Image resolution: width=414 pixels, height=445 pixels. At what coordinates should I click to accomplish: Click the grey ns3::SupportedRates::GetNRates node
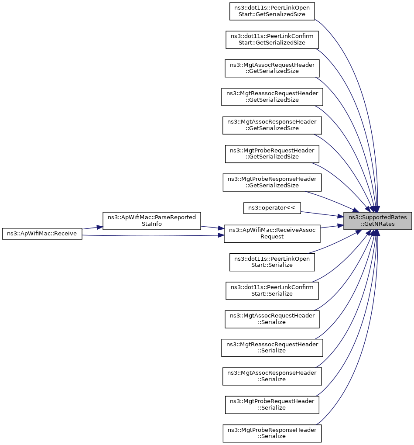tap(377, 221)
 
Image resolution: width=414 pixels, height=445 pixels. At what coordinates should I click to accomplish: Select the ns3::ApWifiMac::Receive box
tap(42, 234)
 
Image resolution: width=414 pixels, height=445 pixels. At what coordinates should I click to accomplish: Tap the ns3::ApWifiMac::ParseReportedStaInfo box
tap(152, 221)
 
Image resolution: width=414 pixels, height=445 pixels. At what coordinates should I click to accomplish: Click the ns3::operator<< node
tap(272, 208)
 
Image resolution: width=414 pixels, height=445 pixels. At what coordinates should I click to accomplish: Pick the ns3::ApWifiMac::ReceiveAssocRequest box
tap(272, 234)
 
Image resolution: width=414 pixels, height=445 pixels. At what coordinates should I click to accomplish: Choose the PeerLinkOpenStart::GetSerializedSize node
tap(272, 11)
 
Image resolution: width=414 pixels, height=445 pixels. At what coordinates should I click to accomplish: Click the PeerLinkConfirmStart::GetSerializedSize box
tap(272, 40)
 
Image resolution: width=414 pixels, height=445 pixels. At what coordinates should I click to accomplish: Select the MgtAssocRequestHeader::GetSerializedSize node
tap(272, 69)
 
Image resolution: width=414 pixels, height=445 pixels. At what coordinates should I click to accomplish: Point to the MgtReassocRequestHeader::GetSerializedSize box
tap(272, 97)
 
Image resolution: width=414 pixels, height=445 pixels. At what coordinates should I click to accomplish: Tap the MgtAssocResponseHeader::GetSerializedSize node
tap(272, 125)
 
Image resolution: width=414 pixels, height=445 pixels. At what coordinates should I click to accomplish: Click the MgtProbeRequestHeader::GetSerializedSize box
tap(272, 154)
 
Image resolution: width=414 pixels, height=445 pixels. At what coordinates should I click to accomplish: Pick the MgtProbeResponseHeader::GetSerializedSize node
tap(272, 183)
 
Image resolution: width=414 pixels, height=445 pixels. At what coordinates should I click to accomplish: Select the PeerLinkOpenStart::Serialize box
tap(272, 262)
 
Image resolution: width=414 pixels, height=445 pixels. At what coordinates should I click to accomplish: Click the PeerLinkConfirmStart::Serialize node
tap(272, 290)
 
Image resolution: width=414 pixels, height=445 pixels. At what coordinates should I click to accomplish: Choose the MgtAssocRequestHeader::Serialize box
tap(272, 319)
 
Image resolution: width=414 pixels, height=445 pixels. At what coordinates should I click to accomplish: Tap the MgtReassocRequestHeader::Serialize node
tap(272, 348)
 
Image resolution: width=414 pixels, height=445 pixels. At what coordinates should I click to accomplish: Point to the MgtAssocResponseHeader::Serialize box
tap(272, 376)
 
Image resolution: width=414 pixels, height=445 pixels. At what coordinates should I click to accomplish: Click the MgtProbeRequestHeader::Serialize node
tap(272, 405)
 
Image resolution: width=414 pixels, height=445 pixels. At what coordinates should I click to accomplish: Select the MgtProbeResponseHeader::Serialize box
tap(272, 433)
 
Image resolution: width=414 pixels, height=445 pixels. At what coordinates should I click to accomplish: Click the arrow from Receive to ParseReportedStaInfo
tap(92, 228)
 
